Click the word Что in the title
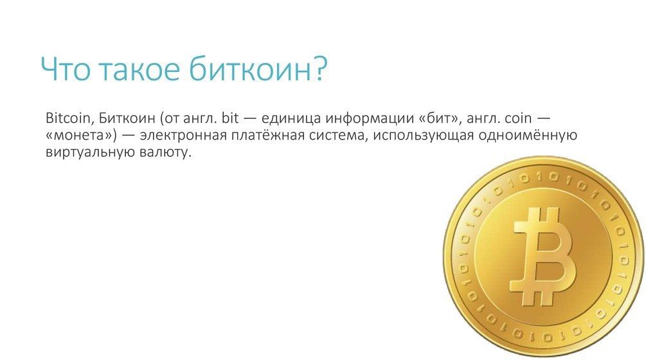click(x=66, y=68)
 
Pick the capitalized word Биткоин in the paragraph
click(x=127, y=118)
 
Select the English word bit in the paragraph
click(x=230, y=118)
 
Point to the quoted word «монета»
click(x=82, y=136)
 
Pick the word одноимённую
click(x=528, y=135)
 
